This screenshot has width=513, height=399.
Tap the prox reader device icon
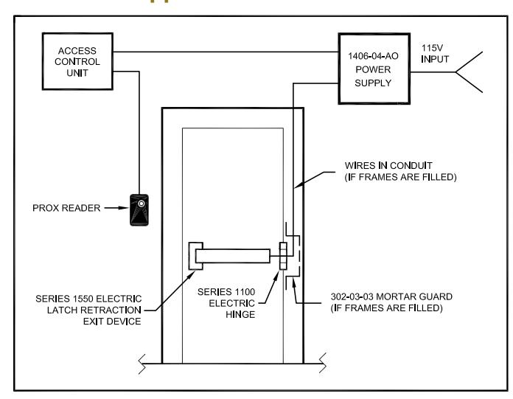tap(139, 209)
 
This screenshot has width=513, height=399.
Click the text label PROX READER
tap(66, 208)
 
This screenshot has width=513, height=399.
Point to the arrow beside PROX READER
tap(116, 208)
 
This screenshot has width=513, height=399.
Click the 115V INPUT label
tap(435, 54)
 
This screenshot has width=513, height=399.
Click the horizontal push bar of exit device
tap(233, 256)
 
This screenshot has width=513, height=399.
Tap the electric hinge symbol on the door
tap(283, 256)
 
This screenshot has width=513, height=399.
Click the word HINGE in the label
tap(240, 314)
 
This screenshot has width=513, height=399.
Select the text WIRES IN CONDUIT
tap(388, 165)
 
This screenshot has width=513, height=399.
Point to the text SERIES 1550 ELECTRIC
tap(88, 299)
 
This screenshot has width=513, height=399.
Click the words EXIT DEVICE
tap(112, 322)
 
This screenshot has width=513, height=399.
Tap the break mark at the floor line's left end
tap(142, 364)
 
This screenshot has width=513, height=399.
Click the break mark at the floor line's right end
tap(323, 363)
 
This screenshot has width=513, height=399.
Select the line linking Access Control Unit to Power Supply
tap(226, 52)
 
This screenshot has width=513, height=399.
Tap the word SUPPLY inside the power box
tap(373, 83)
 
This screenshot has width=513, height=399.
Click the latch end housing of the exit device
tap(195, 256)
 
